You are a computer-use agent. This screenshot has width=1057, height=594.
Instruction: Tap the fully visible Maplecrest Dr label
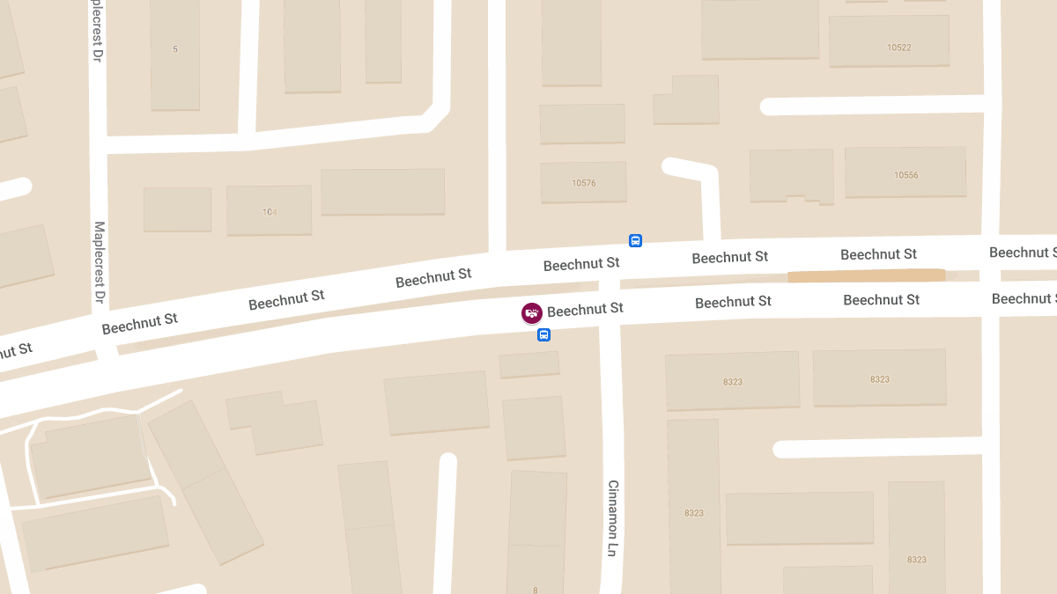(x=100, y=264)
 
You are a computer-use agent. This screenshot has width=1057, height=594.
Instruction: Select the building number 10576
(x=583, y=183)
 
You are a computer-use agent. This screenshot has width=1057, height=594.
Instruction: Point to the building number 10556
(x=905, y=175)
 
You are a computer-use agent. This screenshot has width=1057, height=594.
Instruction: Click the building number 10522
(x=898, y=48)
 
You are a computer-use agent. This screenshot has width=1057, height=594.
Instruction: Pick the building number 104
(x=270, y=212)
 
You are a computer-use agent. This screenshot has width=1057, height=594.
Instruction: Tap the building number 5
(x=175, y=49)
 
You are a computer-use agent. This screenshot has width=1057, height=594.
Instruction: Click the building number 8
(x=535, y=590)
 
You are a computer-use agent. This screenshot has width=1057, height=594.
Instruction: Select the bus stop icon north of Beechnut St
(x=635, y=240)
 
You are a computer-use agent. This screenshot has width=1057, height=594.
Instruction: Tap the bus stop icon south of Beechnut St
(x=544, y=334)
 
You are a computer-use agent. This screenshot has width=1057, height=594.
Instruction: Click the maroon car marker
(x=531, y=312)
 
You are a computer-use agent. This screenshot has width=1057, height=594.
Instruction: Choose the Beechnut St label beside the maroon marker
(x=585, y=309)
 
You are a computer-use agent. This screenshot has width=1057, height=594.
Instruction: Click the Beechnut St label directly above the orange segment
(x=878, y=254)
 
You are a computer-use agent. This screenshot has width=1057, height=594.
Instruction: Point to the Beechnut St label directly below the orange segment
(x=881, y=300)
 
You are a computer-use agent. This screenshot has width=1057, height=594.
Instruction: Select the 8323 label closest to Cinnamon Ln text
(x=693, y=512)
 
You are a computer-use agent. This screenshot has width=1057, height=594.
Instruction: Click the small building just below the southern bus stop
(x=529, y=364)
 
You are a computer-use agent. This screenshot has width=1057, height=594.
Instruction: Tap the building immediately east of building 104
(x=382, y=192)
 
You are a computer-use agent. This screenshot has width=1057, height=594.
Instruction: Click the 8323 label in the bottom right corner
(x=916, y=560)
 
